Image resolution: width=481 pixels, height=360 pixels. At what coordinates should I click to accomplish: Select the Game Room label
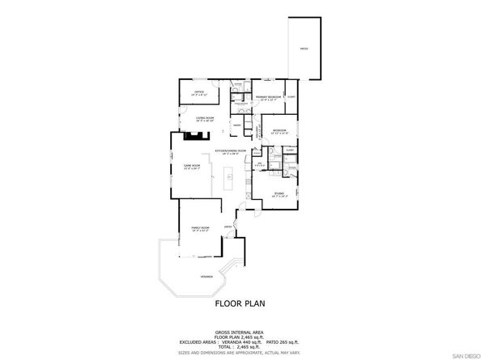click(192, 166)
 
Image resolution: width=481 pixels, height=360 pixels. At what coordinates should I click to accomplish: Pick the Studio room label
click(279, 194)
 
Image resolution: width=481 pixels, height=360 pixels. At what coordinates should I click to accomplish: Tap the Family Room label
click(200, 229)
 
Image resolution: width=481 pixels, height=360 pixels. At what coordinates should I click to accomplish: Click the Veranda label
click(206, 277)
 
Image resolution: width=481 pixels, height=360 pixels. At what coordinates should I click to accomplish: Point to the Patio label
click(304, 49)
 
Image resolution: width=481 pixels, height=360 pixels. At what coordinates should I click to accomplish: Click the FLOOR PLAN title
click(240, 305)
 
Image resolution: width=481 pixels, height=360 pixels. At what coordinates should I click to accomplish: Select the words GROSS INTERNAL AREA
click(240, 332)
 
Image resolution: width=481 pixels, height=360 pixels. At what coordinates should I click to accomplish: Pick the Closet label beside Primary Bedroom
click(291, 98)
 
